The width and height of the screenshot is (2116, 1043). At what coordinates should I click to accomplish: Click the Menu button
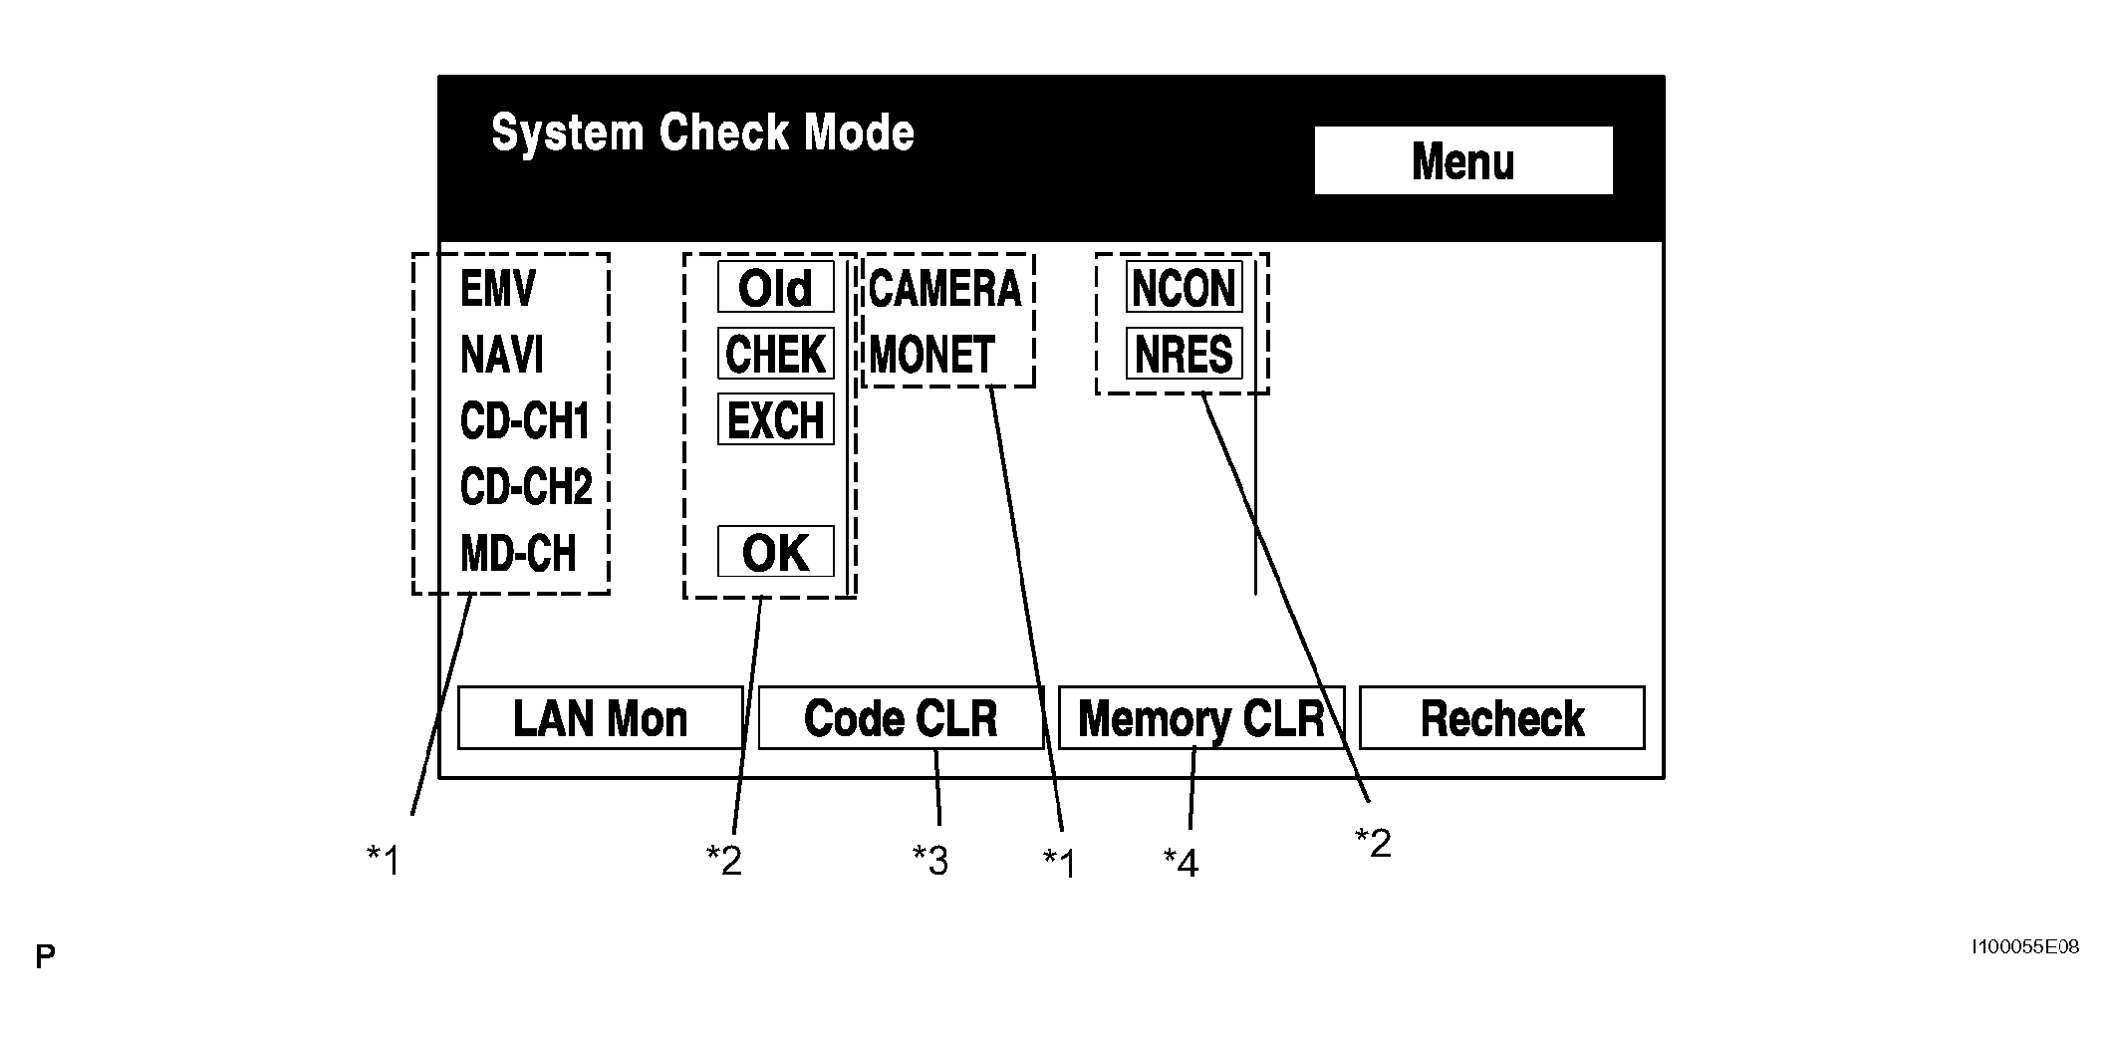point(1463,160)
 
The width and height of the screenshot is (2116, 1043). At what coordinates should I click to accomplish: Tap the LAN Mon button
point(601,717)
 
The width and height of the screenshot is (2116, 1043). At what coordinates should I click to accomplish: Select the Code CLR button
point(901,717)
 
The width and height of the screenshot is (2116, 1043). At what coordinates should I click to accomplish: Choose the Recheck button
point(1502,717)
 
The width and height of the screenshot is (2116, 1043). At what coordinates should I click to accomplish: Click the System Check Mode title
point(702,133)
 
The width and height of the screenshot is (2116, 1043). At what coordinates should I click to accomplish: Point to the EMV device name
point(497,289)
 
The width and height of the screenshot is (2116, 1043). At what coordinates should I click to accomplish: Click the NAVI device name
point(502,355)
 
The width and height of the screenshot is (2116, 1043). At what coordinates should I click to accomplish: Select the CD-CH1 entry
point(525,421)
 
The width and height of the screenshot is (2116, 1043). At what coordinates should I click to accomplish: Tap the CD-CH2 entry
point(526,487)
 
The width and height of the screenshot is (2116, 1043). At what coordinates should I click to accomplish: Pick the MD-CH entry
point(518,553)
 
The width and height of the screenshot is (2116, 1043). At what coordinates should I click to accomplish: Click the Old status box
point(776,289)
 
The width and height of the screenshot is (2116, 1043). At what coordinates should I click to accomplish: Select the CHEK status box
point(776,354)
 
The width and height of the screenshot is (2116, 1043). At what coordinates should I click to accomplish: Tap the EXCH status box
point(776,419)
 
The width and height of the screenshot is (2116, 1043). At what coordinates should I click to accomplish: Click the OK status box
point(776,552)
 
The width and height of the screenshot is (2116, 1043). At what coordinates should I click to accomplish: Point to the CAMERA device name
point(945,289)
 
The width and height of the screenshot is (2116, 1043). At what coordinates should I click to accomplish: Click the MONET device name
point(932,355)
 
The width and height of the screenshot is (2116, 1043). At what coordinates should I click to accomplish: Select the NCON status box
point(1185,288)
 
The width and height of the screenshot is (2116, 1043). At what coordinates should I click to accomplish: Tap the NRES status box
point(1185,354)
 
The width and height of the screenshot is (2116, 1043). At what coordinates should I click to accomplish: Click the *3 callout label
point(930,860)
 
